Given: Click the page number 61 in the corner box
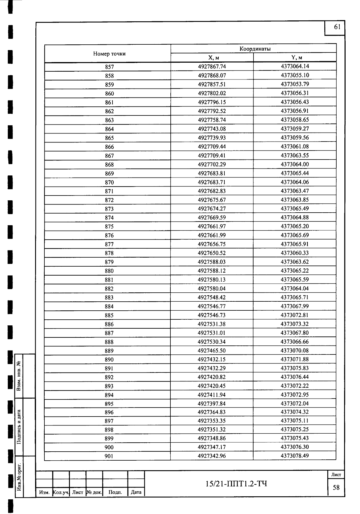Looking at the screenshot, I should click(x=337, y=27).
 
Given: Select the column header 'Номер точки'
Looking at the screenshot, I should click(x=109, y=54).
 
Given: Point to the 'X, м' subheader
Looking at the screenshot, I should click(x=212, y=58).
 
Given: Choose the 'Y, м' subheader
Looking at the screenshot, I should click(x=295, y=58).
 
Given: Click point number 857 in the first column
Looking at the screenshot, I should click(x=109, y=67).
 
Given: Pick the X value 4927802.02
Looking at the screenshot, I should click(x=212, y=93).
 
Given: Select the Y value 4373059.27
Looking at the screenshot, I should click(x=295, y=129).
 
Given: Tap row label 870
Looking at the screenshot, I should click(x=109, y=182).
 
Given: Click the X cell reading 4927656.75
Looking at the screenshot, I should click(x=212, y=244).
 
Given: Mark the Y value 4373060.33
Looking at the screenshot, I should click(x=295, y=253).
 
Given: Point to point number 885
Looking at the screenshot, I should click(x=109, y=315).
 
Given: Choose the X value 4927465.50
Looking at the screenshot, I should click(x=212, y=351).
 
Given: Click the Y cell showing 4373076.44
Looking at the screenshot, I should click(x=295, y=377).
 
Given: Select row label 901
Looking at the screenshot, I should click(x=109, y=456).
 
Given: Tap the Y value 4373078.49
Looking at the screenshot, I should click(x=295, y=456).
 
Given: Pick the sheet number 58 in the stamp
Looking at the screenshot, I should click(x=336, y=488).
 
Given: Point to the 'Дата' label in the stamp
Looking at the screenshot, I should click(x=136, y=492).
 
